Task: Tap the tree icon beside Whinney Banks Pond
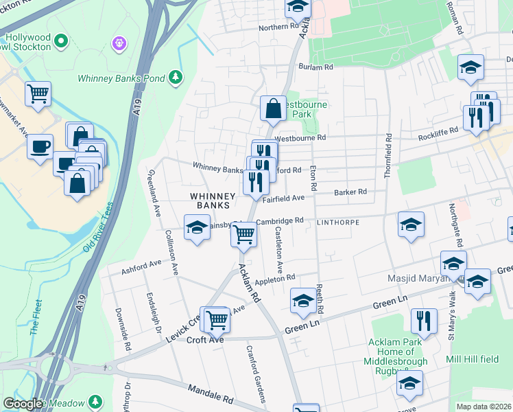point(176,76)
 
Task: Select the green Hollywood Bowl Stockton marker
point(61,41)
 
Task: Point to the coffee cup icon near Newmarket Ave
point(40,146)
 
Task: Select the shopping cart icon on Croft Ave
point(217,319)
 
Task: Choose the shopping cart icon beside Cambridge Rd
point(244,235)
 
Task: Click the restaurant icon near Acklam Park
point(424,321)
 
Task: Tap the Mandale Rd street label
point(210,397)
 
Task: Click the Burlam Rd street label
point(315,67)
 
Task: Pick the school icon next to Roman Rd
point(470,68)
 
